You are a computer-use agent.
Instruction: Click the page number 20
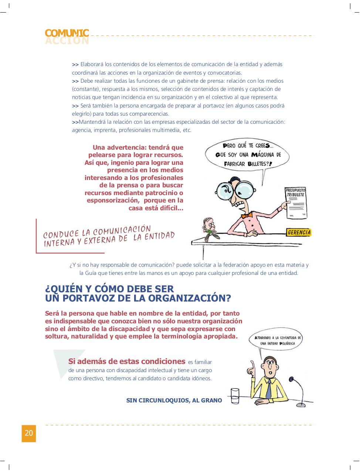click(x=29, y=433)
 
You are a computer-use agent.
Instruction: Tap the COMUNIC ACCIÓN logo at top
click(x=67, y=37)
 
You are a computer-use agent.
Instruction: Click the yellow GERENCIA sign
click(x=299, y=232)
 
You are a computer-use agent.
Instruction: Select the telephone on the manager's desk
click(x=209, y=229)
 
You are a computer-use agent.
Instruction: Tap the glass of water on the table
click(x=235, y=397)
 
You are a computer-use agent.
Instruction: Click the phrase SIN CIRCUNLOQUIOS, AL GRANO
click(x=174, y=400)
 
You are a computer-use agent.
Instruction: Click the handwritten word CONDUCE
click(x=61, y=234)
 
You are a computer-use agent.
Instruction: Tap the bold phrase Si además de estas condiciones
click(x=126, y=361)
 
